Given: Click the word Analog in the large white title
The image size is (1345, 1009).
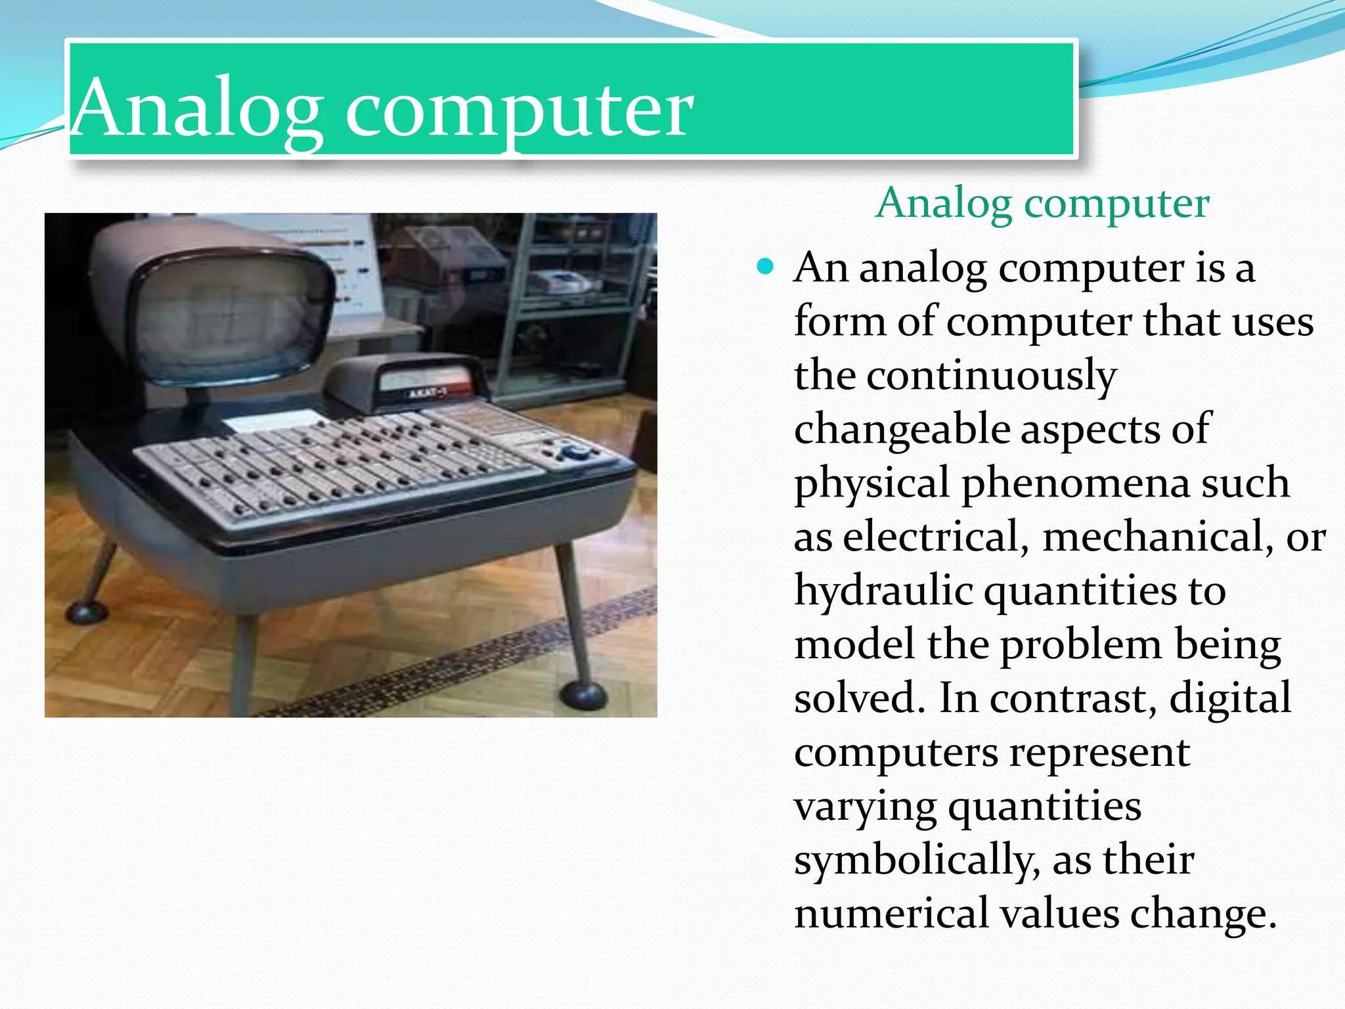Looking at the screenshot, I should tap(197, 108).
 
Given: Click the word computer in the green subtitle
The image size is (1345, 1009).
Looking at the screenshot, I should tap(1116, 204).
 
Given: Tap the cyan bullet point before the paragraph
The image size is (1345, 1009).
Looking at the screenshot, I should tap(765, 267).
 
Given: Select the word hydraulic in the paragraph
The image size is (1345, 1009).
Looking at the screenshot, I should tap(883, 591).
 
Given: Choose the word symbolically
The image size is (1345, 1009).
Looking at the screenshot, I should tap(917, 860).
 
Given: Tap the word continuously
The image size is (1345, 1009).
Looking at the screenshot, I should tap(992, 376).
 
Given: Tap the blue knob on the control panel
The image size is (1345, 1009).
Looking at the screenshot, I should tap(576, 452).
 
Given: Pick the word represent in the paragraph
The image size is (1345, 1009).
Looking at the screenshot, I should tap(1099, 752).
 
